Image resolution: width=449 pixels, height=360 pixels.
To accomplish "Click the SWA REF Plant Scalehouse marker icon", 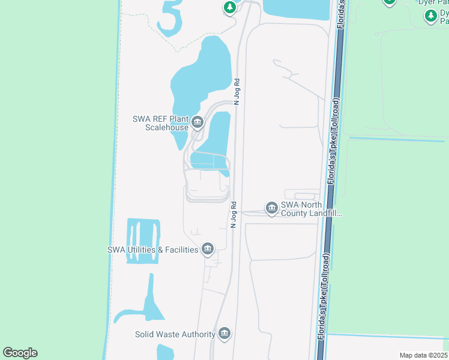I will [x=198, y=124].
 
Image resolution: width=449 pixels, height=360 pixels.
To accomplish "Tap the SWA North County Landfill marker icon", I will [x=271, y=208].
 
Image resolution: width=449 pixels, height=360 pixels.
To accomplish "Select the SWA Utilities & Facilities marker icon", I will [x=208, y=248].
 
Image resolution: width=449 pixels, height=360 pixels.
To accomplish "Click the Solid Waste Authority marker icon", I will [x=224, y=334].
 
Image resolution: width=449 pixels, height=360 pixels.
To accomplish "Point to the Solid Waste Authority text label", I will [x=175, y=334].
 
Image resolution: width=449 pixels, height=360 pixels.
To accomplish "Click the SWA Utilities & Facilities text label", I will [x=152, y=250].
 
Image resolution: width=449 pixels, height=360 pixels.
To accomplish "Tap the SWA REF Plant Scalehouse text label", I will [x=160, y=123].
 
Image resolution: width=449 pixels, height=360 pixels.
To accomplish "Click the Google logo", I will [x=20, y=352].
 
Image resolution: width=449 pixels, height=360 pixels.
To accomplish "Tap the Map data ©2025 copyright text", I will [x=423, y=355].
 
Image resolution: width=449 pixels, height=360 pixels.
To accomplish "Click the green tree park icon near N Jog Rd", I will [x=229, y=7].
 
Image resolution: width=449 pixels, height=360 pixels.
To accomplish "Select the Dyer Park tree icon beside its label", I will [x=430, y=16].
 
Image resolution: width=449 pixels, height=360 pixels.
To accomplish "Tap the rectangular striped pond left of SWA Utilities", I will [x=143, y=241].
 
